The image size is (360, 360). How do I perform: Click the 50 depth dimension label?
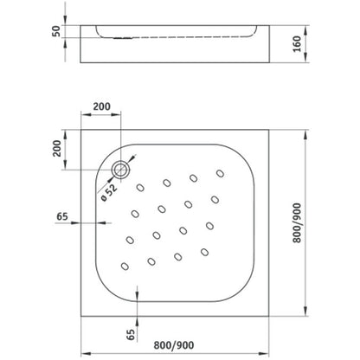[x=56, y=31]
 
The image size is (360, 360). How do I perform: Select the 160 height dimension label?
[x=297, y=44]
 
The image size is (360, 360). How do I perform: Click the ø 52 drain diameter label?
[x=109, y=192]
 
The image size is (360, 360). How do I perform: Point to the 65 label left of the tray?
[x=62, y=216]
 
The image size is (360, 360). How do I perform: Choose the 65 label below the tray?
[x=131, y=334]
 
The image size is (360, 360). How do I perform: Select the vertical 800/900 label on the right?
[x=297, y=223]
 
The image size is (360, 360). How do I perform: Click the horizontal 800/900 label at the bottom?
[x=174, y=345]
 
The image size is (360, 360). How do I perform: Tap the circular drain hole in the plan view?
[x=121, y=170]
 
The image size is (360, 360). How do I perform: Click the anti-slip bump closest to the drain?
[x=140, y=188]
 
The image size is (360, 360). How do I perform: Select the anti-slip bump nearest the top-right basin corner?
[x=221, y=173]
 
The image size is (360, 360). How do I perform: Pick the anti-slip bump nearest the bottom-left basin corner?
[x=125, y=266]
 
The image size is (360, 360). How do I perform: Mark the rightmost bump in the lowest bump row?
[x=204, y=252]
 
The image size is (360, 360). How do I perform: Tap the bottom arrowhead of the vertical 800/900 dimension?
[x=305, y=311]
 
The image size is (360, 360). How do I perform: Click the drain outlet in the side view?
[x=124, y=38]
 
